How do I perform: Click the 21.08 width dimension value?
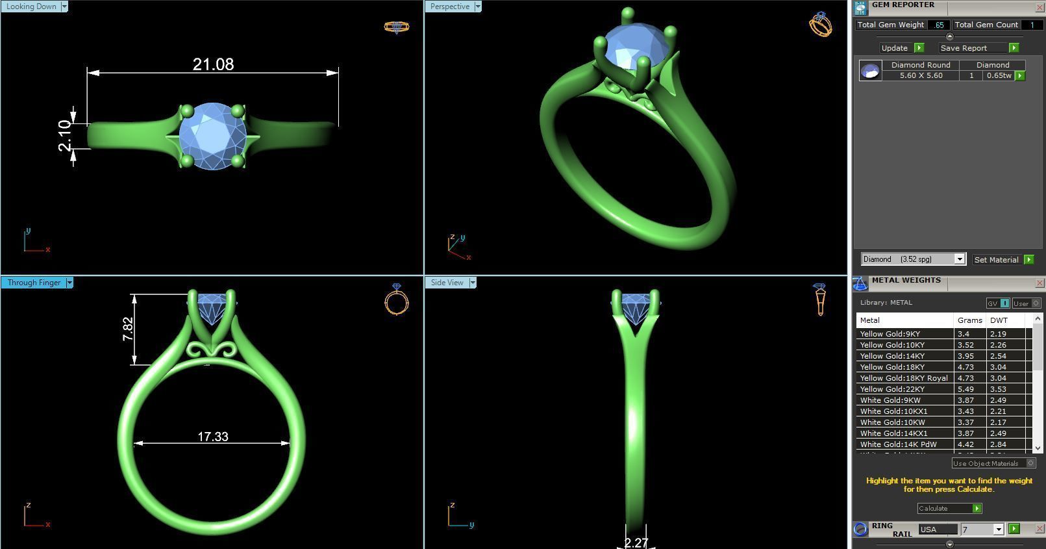coord(213,64)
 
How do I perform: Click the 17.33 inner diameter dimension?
coord(213,437)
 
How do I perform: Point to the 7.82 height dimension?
coord(128,329)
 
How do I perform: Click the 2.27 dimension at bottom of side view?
coord(636,543)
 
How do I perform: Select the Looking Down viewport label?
coord(31,6)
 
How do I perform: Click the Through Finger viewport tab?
coord(34,283)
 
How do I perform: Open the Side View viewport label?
coord(447,283)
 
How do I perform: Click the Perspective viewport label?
coord(449,6)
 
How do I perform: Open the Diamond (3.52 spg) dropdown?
coord(913,259)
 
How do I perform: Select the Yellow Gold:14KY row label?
coord(892,356)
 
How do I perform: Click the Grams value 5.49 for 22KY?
coord(965,389)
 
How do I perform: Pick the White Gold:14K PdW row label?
coord(898,444)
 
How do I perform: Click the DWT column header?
coord(999,320)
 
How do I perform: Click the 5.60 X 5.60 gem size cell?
coord(921,76)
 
